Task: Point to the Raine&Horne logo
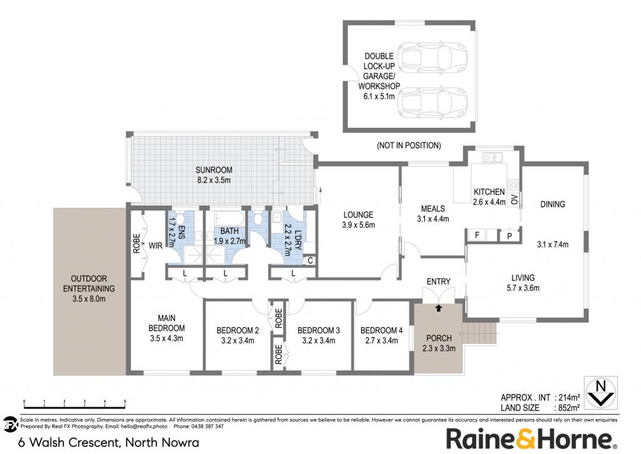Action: [531, 439]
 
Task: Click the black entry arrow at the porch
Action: [439, 308]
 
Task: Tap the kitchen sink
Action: [492, 157]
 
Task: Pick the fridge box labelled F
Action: [477, 235]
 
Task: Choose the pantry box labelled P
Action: [510, 235]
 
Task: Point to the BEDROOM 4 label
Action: [381, 330]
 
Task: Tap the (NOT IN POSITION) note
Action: [409, 145]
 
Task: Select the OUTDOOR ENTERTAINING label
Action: [89, 284]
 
